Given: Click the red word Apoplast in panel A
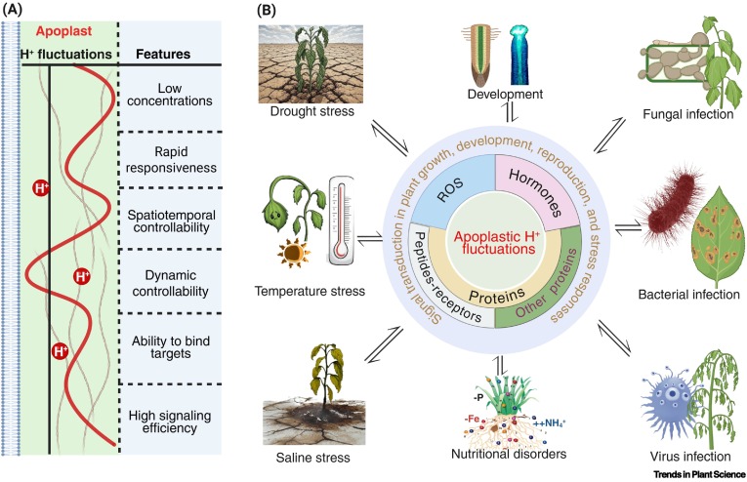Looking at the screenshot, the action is pos(63,31).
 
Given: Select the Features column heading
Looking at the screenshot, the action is pos(163,55).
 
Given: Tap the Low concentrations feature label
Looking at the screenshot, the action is pos(170,95).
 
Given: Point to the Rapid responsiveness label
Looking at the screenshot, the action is pos(171,160).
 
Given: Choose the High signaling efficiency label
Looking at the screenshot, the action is pos(170,422).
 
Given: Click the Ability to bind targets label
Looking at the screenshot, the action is pos(171,347).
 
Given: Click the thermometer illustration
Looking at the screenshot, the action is pos(341,220).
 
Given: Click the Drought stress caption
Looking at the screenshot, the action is pos(312,111).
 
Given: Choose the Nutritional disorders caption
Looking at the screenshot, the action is pos(509,454).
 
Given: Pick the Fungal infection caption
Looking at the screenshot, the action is pos(688,114).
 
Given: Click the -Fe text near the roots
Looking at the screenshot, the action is pos(472,420).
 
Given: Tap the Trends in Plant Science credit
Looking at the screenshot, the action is pos(699,474).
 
